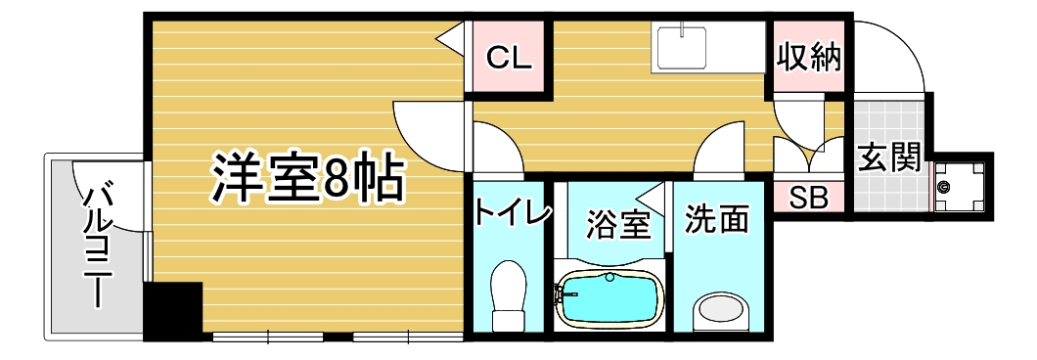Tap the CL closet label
coord(510,59)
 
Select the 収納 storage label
coord(808,58)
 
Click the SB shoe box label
coord(809,198)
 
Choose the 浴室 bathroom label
coord(617,225)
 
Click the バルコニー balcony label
coord(97,241)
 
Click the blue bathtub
coord(609,297)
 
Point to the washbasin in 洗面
coord(722,311)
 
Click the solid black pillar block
coord(172,312)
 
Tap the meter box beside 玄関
coord(963,187)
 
